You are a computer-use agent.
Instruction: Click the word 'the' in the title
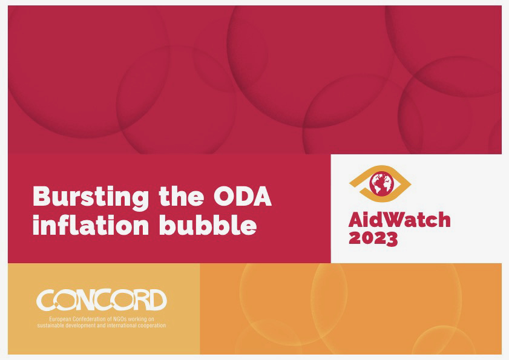(x=182, y=196)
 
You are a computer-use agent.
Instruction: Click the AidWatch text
(x=399, y=220)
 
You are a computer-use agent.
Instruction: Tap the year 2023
(x=373, y=238)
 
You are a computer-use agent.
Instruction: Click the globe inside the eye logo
(x=381, y=183)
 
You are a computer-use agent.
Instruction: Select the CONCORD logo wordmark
(x=101, y=299)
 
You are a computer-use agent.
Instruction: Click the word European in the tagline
(x=60, y=319)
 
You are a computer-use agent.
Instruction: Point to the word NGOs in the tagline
(x=120, y=319)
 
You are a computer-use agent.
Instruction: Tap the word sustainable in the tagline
(x=50, y=326)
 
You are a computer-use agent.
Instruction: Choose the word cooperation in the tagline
(x=153, y=326)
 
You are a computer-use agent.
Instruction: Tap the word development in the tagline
(x=80, y=326)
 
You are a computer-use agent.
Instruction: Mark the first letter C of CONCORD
(x=45, y=299)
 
